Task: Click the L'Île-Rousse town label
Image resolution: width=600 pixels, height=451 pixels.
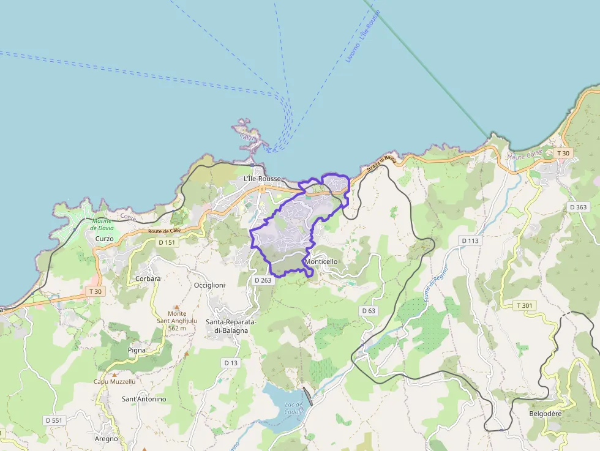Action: coord(262,179)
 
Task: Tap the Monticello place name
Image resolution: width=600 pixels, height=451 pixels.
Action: coord(321,262)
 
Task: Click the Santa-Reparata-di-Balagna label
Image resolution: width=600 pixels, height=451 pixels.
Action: coord(231,326)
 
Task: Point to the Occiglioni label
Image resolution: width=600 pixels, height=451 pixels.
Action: coord(209,285)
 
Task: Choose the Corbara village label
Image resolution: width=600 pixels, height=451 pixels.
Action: coord(148,278)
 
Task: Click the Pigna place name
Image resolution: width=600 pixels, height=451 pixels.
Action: coord(137,350)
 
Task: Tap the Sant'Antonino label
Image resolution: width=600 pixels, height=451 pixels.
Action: coord(144,399)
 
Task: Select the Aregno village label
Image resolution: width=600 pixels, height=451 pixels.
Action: coord(106,439)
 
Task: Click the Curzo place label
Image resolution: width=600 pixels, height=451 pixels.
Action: coord(104,239)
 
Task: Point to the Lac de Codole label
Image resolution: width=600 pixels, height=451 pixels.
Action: coord(294,408)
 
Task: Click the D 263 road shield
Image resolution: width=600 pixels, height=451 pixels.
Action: coord(263,280)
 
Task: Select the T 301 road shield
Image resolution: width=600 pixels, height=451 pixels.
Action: coord(525,305)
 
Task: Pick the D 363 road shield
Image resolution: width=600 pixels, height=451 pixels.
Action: coord(578,207)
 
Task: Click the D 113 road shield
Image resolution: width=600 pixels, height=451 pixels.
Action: coord(470,240)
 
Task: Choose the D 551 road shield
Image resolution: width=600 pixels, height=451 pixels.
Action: coord(54,420)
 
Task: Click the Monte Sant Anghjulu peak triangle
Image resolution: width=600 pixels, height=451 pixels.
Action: coord(177,307)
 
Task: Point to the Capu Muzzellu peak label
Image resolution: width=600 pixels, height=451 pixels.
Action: coord(114,381)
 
